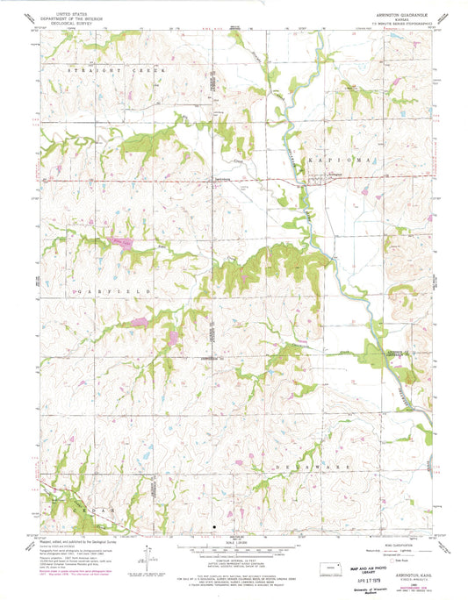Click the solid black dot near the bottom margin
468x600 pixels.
(212, 527)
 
